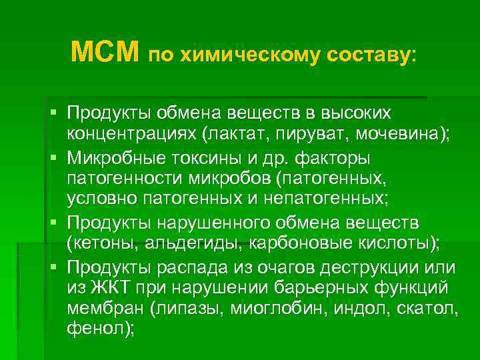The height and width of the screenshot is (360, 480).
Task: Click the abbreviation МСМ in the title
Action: (x=105, y=51)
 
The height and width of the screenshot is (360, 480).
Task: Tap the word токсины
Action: (x=203, y=159)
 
